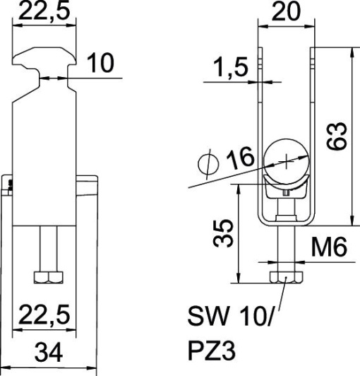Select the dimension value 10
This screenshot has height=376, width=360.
(102, 64)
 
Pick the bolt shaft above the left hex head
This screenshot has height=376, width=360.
(46, 248)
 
